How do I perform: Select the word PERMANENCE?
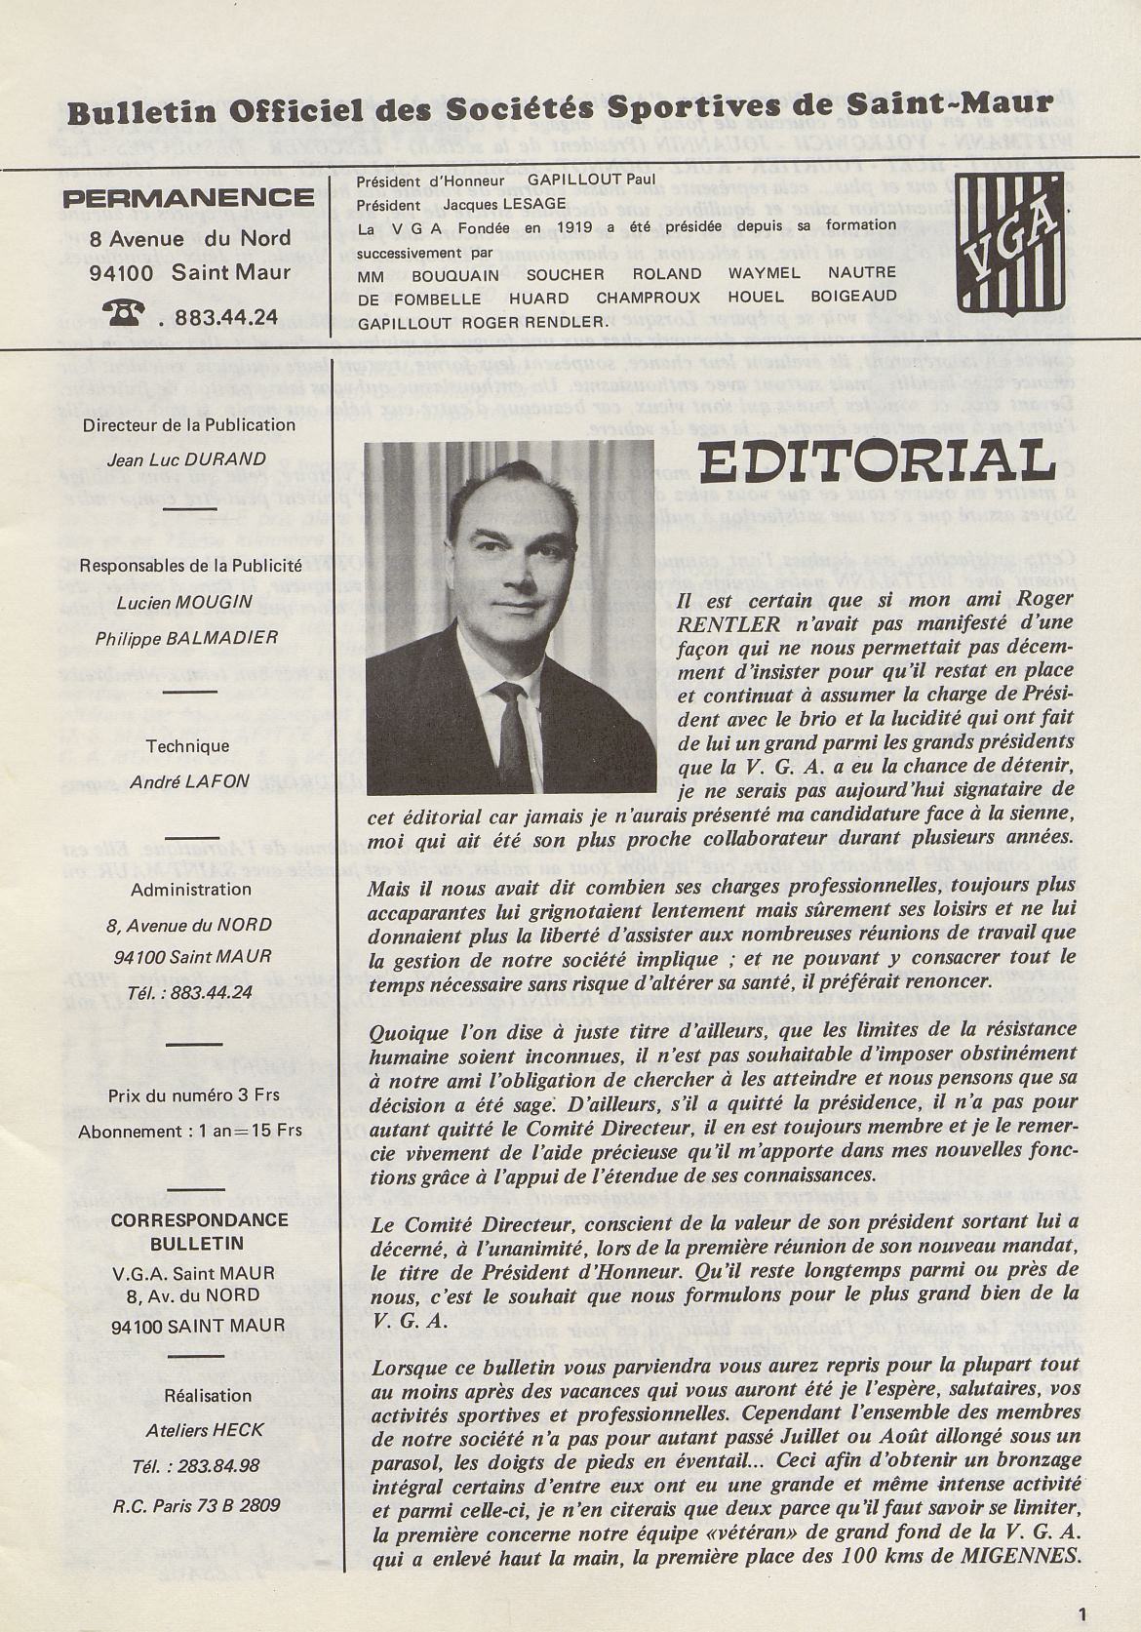pyautogui.click(x=188, y=198)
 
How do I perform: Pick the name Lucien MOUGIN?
pyautogui.click(x=185, y=602)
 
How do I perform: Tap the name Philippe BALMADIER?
pyautogui.click(x=187, y=638)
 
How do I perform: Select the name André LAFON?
pyautogui.click(x=187, y=782)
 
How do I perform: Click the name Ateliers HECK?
pyautogui.click(x=189, y=1430)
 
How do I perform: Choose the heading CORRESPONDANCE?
pyautogui.click(x=185, y=1219)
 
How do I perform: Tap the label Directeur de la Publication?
pyautogui.click(x=188, y=424)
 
